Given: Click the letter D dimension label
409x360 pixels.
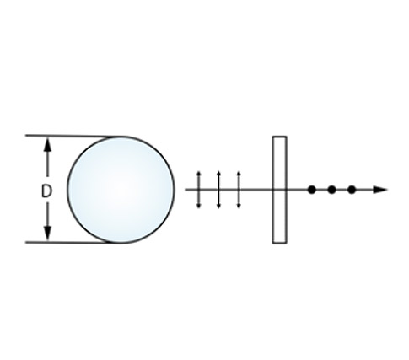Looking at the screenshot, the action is pos(46,191).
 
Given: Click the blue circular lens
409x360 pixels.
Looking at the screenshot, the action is pos(121,190).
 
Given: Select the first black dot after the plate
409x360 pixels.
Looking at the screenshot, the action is pos(311,190).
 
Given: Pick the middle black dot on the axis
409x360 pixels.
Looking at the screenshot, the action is pos(331,190).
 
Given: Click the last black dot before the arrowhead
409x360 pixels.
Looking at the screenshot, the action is pos(352,190).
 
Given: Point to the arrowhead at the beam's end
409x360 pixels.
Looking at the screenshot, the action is pos(380,190).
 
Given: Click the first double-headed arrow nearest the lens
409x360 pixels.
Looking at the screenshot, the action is pos(199,190).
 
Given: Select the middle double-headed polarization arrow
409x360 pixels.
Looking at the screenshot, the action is pos(218,190).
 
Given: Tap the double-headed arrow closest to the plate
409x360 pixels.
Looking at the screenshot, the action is pos(239,190).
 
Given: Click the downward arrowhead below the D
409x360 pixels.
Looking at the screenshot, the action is pos(48,234).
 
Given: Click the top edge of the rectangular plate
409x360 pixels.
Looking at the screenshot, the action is pos(279,137).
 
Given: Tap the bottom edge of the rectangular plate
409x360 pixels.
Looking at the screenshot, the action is pos(279,243).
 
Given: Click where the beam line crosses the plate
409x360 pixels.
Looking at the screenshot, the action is pos(279,190).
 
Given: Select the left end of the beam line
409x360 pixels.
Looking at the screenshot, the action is pos(186,190).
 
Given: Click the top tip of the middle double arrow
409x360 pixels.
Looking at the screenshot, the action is pos(218,171).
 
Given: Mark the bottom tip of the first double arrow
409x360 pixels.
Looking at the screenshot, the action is pos(199,208).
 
